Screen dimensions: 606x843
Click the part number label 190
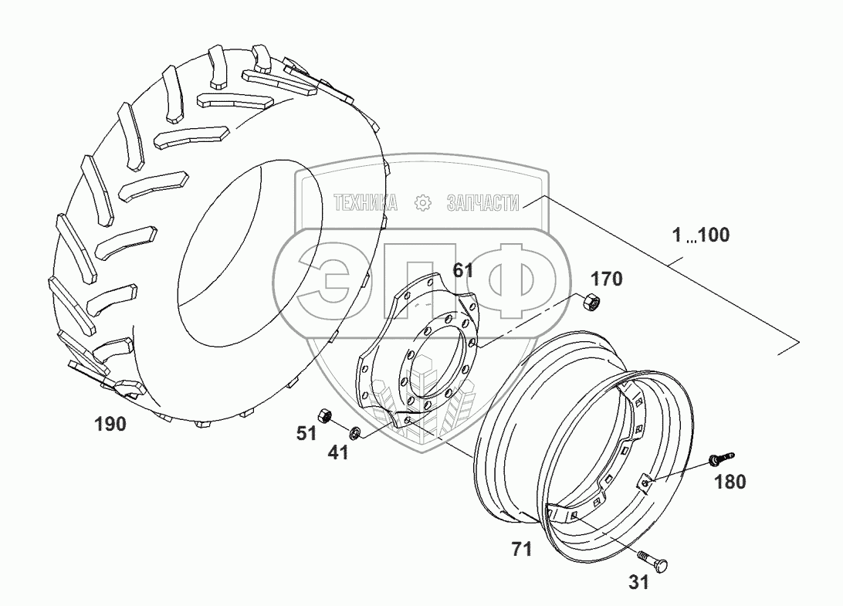110,423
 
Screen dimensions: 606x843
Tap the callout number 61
463,270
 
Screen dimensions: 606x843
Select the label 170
608,278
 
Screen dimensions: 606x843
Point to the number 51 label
307,433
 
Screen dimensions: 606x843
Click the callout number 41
338,452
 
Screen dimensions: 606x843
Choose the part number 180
730,482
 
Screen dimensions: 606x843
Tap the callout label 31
638,583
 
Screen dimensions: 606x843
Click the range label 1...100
700,235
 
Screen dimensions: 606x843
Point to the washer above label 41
355,432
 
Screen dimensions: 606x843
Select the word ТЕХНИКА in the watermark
365,203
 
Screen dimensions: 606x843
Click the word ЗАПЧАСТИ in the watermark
482,203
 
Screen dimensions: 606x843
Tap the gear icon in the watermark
422,203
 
